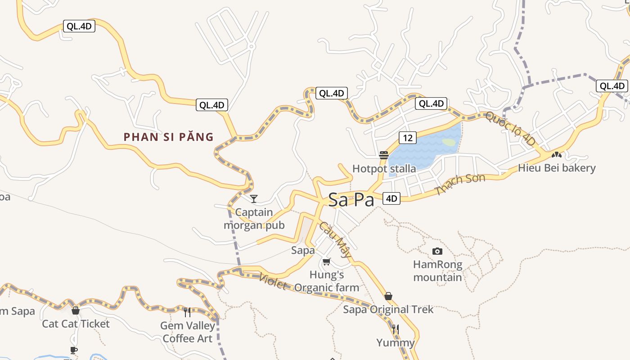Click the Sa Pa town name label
click(x=351, y=200)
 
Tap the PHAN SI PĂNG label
click(x=168, y=137)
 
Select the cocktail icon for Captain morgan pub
click(x=254, y=198)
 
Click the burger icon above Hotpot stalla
click(x=384, y=156)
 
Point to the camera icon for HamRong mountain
click(x=437, y=251)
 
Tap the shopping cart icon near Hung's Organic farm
click(x=327, y=261)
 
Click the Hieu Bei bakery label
click(x=557, y=168)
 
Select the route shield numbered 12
click(x=407, y=138)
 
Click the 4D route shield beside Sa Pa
click(x=391, y=198)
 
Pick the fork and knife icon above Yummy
click(x=395, y=329)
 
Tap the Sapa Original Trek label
click(x=388, y=310)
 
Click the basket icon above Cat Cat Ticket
click(x=76, y=310)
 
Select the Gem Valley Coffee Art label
click(x=187, y=332)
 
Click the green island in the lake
click(x=449, y=142)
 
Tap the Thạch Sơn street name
click(x=460, y=184)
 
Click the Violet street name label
click(x=273, y=281)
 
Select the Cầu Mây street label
click(x=336, y=239)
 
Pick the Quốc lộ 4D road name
click(x=510, y=129)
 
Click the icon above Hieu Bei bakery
click(x=557, y=155)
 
